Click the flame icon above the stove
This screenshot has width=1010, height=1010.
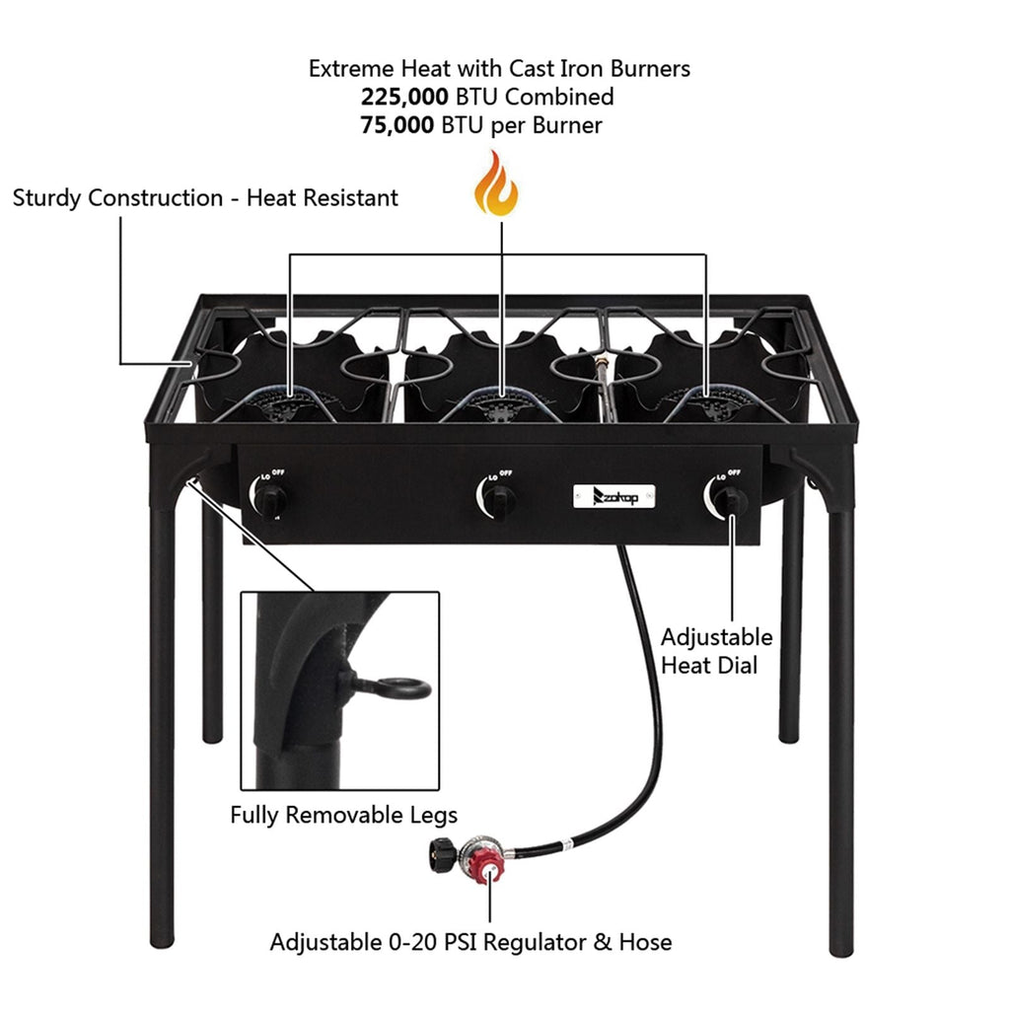496,184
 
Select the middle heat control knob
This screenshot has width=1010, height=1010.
499,499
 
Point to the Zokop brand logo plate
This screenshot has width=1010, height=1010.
615,497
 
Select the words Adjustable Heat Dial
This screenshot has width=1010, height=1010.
716,651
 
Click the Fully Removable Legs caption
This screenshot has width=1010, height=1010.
343,816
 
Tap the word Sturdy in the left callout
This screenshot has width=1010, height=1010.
47,198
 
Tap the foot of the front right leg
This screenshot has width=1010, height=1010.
840,947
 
